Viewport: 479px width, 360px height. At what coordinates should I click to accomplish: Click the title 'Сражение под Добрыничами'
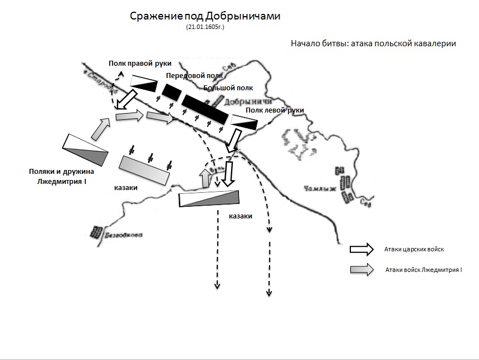point(205,16)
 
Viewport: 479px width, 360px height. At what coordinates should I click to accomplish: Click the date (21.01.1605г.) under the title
point(205,26)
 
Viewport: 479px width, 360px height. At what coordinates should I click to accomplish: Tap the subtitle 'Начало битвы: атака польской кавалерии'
point(373,44)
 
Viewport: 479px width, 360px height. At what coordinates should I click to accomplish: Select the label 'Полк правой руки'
point(139,64)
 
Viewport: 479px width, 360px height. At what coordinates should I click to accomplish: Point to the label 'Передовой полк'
point(194,75)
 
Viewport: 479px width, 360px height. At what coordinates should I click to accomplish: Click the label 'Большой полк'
point(228,87)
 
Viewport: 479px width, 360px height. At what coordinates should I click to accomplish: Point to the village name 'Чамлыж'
point(320,188)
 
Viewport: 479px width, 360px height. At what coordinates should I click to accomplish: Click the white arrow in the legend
point(362,249)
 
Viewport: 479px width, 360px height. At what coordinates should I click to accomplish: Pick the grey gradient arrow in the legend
point(362,269)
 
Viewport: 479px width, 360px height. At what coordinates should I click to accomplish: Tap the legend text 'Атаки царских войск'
point(413,249)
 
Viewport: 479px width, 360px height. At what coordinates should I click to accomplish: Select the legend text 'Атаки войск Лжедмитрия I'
point(424,270)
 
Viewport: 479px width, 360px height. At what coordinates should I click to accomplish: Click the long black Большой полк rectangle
point(204,108)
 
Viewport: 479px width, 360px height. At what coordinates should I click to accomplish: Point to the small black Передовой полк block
point(172,91)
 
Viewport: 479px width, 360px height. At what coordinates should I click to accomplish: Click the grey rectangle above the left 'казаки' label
point(144,170)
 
